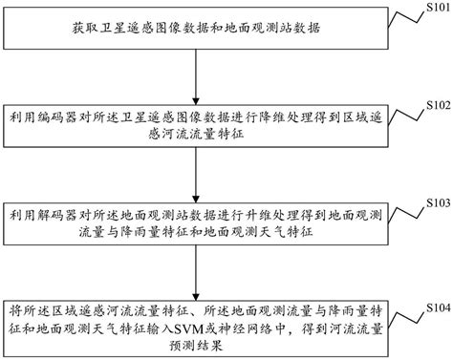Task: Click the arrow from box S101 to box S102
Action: coord(196,74)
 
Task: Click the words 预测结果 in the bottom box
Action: coord(196,337)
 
